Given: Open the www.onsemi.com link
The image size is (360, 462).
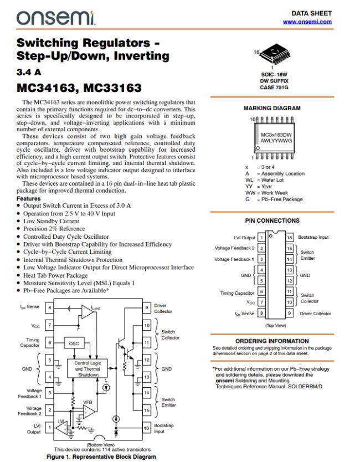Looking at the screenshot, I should click(x=307, y=22).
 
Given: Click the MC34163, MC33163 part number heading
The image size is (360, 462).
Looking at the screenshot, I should click(x=79, y=88).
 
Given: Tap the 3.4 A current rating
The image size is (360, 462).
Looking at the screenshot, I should click(x=29, y=72).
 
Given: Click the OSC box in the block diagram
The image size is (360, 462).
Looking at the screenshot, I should click(x=74, y=343).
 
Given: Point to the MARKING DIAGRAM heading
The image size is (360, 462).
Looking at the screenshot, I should click(x=272, y=109).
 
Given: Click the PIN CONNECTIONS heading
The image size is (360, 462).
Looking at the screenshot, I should click(x=272, y=220).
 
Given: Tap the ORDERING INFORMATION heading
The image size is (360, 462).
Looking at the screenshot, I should click(x=272, y=341).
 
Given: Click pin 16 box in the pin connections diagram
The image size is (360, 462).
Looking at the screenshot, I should click(x=289, y=237).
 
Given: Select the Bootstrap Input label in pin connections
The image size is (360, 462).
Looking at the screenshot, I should click(x=313, y=237).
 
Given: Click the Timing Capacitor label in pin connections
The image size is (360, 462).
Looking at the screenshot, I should click(x=238, y=292).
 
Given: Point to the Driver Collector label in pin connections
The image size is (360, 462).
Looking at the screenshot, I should click(x=315, y=314).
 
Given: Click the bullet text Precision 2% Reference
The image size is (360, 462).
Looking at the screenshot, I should click(x=54, y=229).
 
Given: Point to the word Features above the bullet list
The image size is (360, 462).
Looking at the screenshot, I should click(x=29, y=198).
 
